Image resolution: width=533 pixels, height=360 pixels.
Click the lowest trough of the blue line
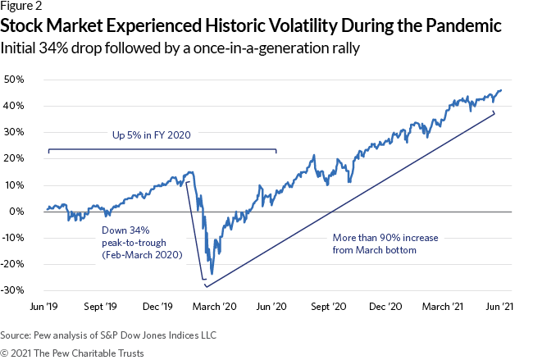pos(212,274)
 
